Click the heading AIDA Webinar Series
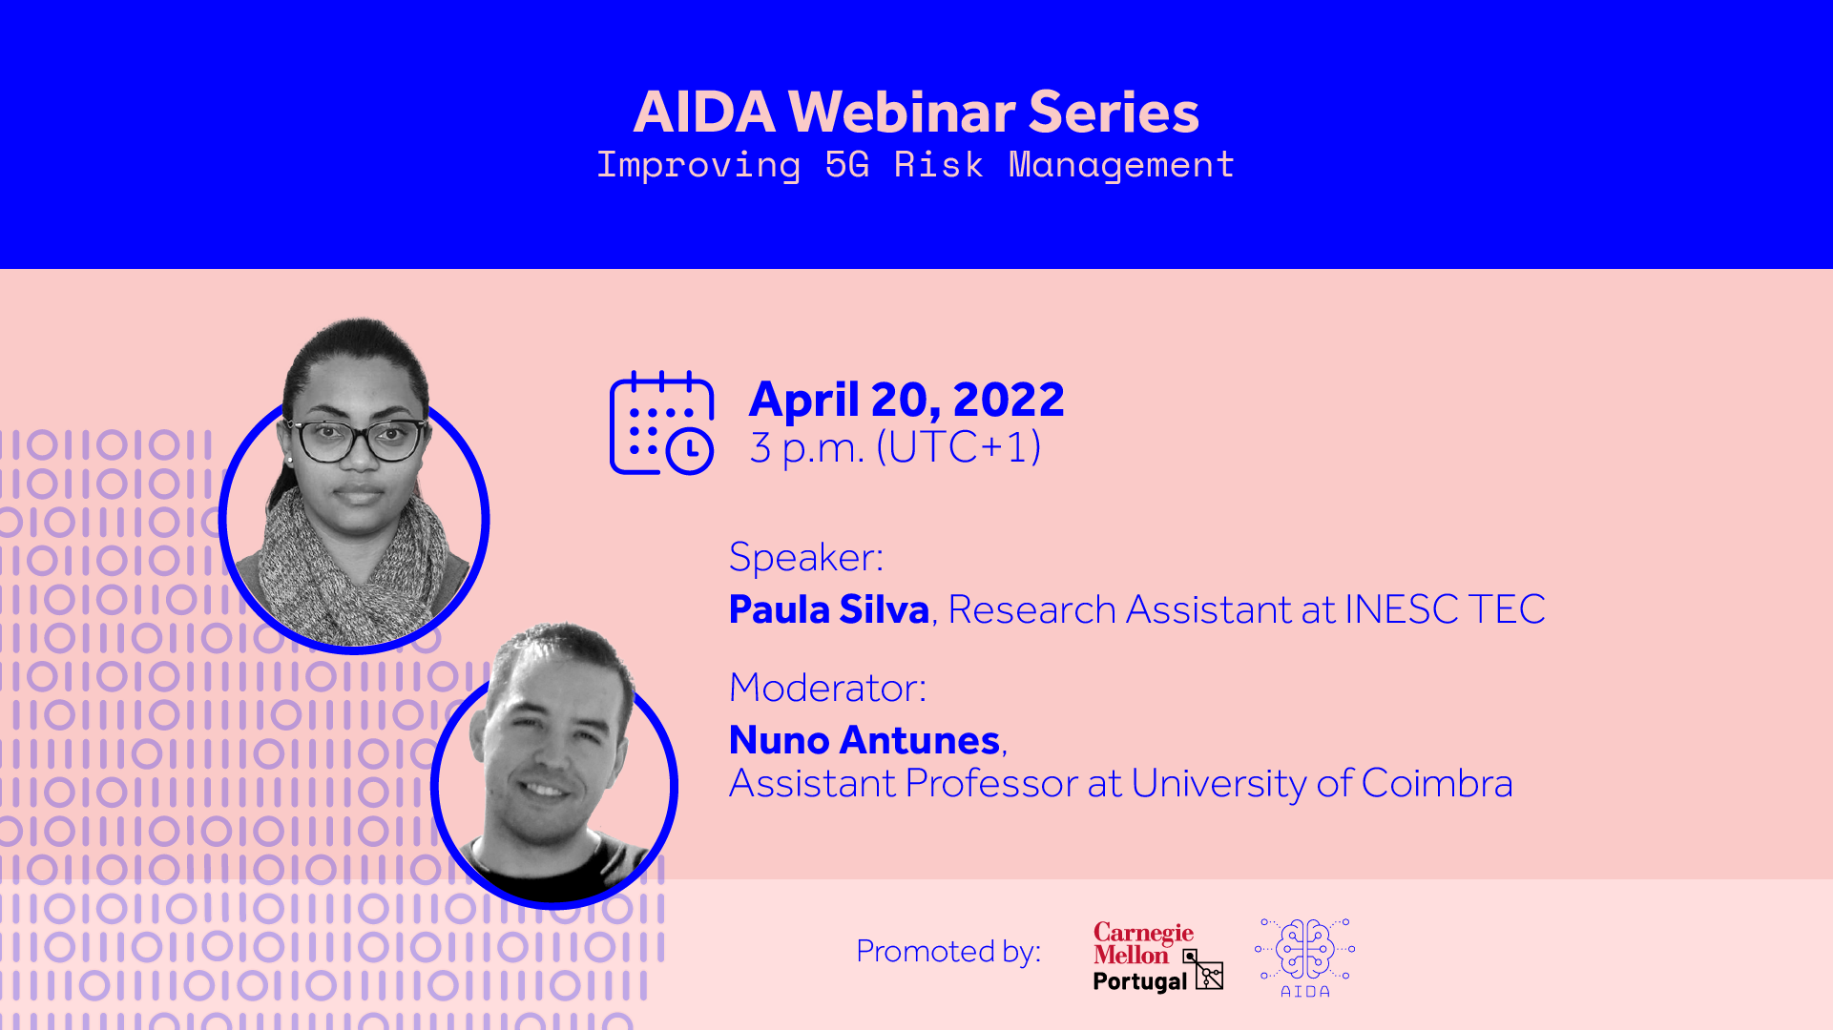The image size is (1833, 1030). (916, 112)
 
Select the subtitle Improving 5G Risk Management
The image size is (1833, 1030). (916, 165)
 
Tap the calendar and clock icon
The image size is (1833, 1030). (661, 422)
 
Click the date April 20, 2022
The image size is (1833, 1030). (906, 399)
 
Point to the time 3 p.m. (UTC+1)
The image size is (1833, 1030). (895, 447)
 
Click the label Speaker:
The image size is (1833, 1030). (806, 557)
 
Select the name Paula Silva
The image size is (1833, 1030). (829, 609)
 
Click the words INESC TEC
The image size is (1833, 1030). (1445, 609)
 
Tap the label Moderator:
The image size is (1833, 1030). (828, 688)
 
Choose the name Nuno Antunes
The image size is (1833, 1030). (864, 740)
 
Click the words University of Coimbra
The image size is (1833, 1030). (1322, 784)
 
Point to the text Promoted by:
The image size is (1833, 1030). (948, 951)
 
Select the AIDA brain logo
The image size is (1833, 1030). (1304, 958)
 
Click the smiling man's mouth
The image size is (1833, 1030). (545, 790)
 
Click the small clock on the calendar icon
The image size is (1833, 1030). (690, 451)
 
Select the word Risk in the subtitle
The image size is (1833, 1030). (938, 165)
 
